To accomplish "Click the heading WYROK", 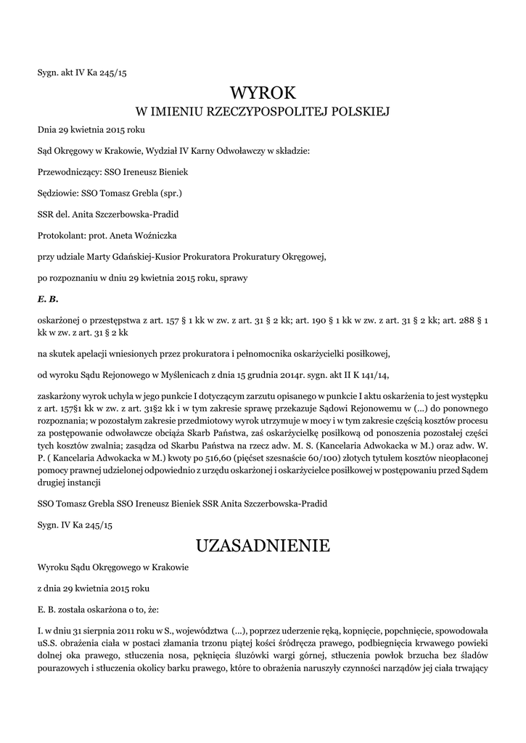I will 263,92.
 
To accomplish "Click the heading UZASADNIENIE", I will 263,545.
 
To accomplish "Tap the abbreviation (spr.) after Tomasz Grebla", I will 169,194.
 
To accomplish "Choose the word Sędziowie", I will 60,194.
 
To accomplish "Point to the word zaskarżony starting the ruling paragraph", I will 59,395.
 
